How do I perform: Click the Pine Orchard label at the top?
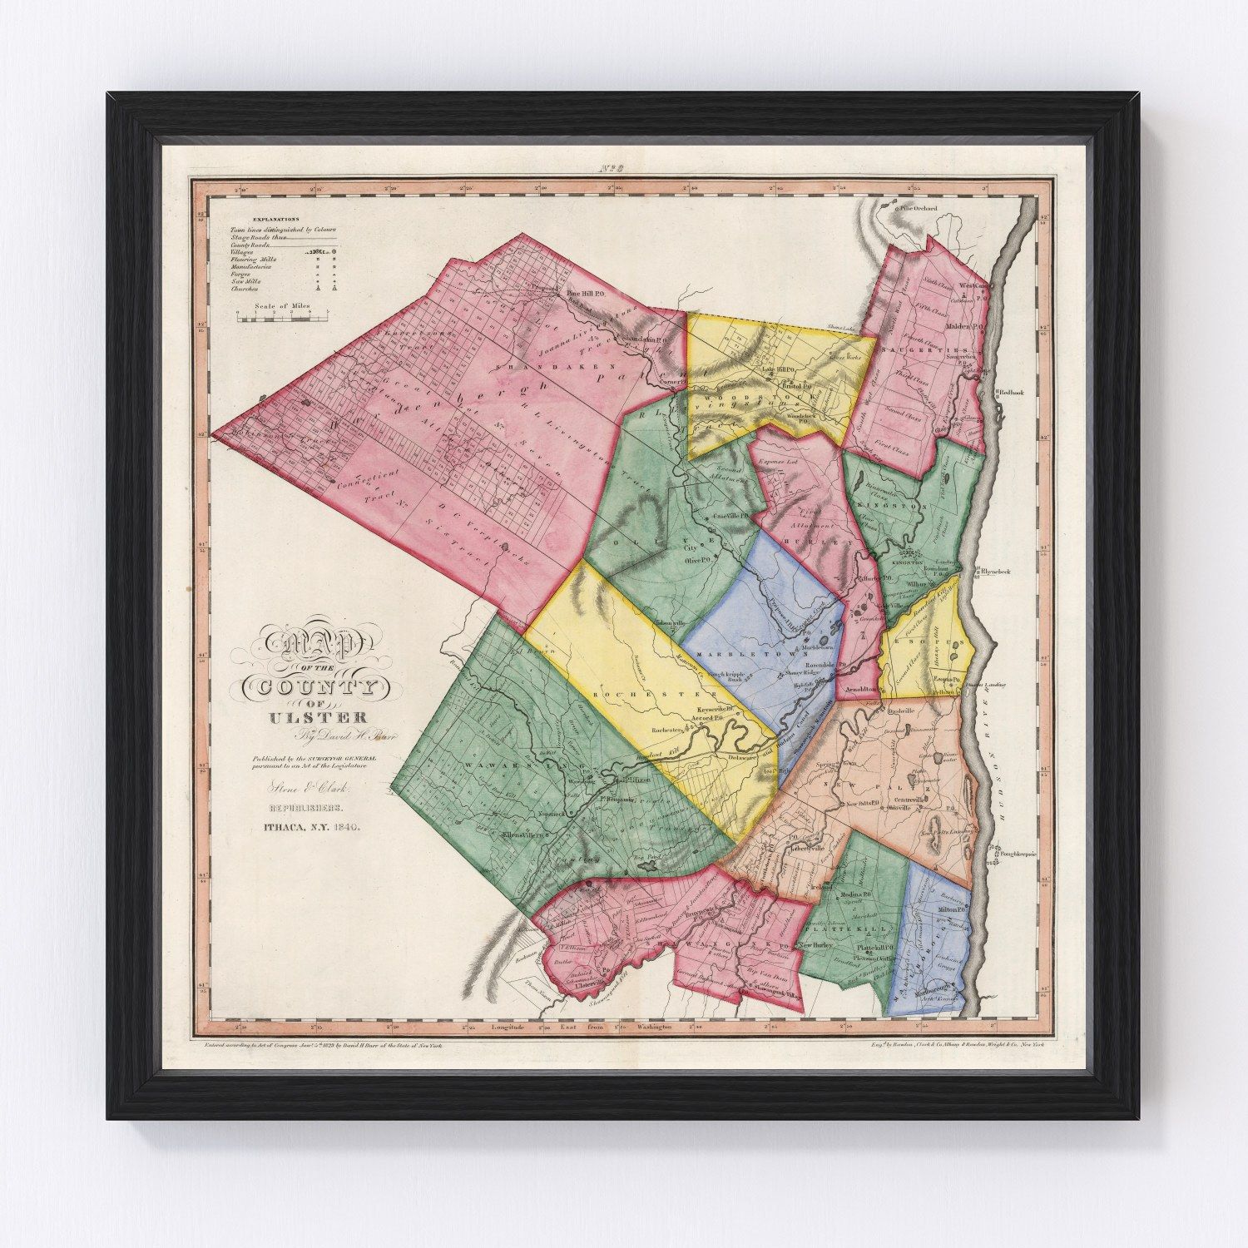(919, 209)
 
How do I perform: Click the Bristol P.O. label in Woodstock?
(796, 385)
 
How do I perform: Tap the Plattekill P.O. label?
(874, 948)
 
